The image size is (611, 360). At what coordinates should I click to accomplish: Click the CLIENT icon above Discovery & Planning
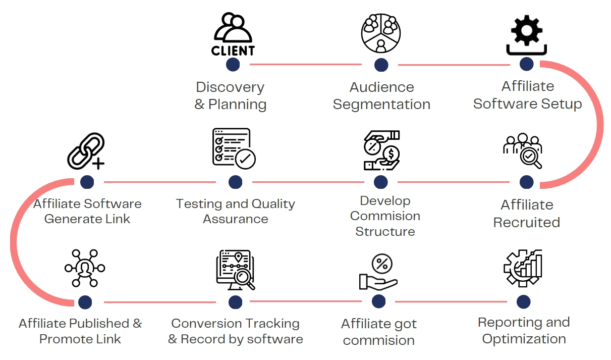(x=232, y=34)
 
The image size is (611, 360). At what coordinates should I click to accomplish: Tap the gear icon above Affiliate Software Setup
(x=526, y=34)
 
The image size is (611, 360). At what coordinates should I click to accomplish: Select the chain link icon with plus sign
(x=86, y=150)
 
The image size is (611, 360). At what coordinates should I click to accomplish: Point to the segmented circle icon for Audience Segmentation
(x=381, y=33)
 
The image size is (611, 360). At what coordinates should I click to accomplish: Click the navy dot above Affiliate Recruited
(x=526, y=182)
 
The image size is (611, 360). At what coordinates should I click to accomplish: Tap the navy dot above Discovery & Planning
(x=233, y=65)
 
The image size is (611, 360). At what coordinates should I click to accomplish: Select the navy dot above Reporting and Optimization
(x=524, y=302)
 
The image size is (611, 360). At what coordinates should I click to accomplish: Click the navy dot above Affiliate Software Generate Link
(x=87, y=182)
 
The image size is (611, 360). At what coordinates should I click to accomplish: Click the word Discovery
(x=230, y=87)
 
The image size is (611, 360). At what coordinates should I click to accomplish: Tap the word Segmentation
(x=381, y=105)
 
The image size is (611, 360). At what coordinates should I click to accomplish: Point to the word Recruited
(x=527, y=222)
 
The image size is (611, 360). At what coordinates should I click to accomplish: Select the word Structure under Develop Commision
(x=385, y=232)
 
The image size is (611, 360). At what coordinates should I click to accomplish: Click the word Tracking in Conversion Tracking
(x=268, y=323)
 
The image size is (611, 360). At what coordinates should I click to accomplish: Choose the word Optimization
(x=524, y=339)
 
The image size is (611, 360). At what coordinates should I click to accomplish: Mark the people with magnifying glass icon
(x=523, y=150)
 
